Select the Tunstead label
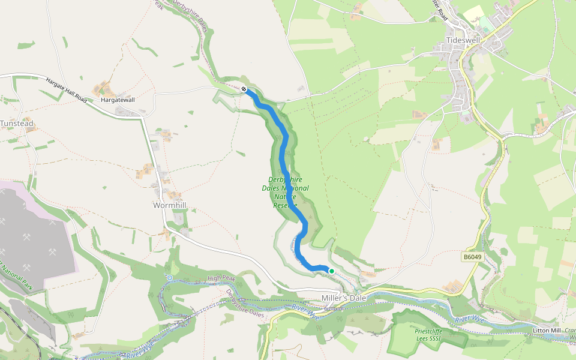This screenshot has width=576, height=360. [17, 124]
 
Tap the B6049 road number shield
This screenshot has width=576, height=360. [472, 257]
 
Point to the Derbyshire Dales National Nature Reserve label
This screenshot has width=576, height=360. [285, 192]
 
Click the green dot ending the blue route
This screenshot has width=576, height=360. [331, 271]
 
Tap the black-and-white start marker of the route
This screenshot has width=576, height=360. [244, 89]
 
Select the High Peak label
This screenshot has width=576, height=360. [221, 278]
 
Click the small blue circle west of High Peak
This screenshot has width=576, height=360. [170, 278]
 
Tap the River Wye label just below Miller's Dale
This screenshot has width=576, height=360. [305, 311]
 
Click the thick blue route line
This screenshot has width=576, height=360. [284, 150]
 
